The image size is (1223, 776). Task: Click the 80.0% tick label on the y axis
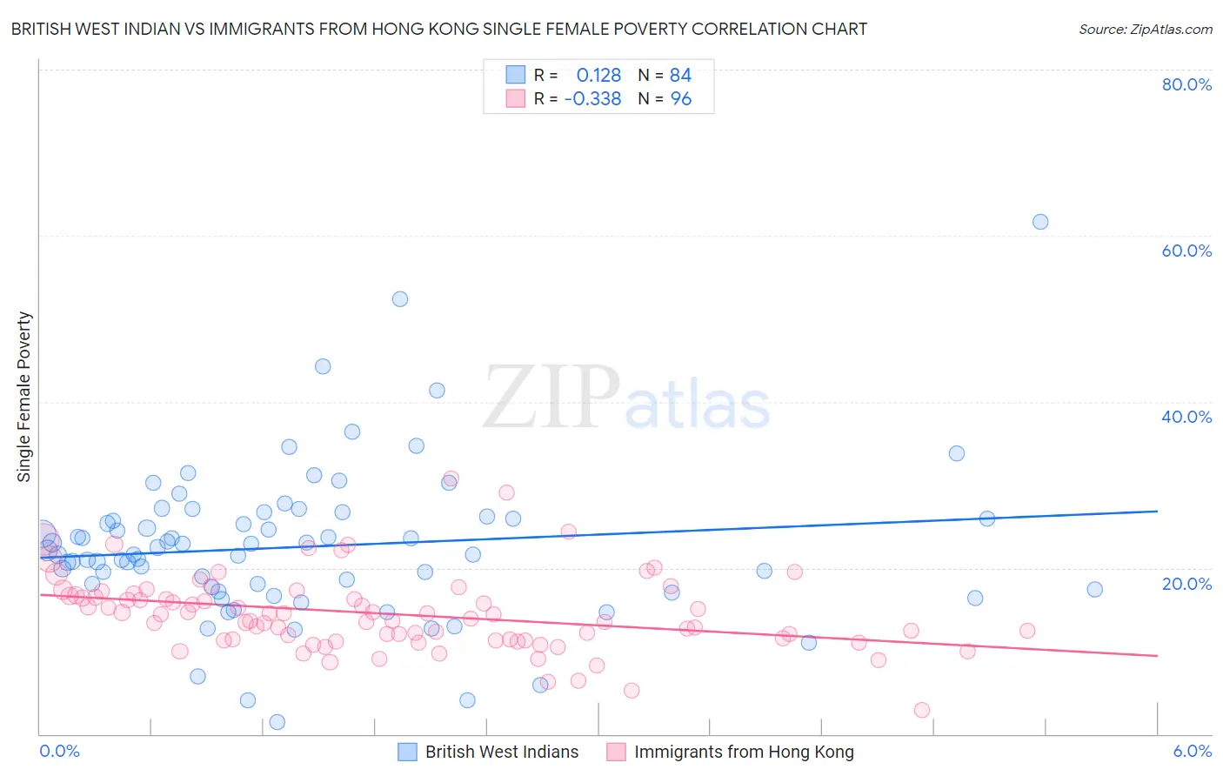tap(1186, 84)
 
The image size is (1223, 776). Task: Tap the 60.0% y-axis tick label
tap(1186, 251)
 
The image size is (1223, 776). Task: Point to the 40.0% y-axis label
tap(1186, 417)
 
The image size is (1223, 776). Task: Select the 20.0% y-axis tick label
tap(1186, 583)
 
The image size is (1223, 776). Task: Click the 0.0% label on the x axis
tap(59, 751)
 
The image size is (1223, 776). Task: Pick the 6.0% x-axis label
tap(1192, 751)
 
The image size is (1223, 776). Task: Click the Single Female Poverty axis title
tap(24, 397)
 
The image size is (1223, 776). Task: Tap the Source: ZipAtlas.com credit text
tap(1145, 29)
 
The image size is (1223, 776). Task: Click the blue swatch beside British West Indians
tap(407, 752)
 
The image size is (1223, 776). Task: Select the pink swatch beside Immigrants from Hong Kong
tap(616, 752)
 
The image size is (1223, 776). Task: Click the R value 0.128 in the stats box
tap(598, 75)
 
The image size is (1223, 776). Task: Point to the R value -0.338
tap(592, 99)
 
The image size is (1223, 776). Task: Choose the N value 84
tap(680, 75)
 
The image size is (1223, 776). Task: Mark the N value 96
tap(680, 99)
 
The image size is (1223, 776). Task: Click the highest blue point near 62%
tap(1039, 222)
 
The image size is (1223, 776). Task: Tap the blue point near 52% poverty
tap(399, 299)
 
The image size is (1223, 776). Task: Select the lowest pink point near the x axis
tap(921, 710)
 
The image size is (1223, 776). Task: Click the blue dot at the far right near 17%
tap(1094, 589)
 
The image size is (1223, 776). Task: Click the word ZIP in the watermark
tap(551, 398)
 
